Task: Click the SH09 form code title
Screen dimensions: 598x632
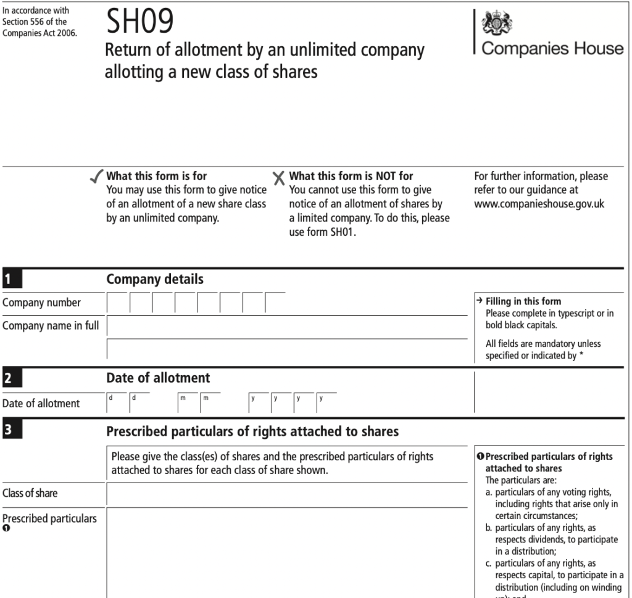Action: click(140, 23)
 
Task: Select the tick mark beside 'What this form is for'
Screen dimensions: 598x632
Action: click(96, 177)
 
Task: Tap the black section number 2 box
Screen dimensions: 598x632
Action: click(11, 378)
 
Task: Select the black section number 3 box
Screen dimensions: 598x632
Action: click(11, 431)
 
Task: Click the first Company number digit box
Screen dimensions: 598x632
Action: click(117, 302)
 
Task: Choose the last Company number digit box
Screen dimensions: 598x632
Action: click(275, 302)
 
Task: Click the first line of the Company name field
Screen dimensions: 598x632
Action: click(287, 326)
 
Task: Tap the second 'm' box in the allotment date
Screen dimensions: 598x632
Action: click(210, 403)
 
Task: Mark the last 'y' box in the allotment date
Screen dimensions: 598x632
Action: click(326, 403)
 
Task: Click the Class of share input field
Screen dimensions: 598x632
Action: click(287, 494)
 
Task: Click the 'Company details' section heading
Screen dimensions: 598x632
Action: click(155, 280)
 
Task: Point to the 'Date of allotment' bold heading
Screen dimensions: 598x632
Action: click(158, 378)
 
